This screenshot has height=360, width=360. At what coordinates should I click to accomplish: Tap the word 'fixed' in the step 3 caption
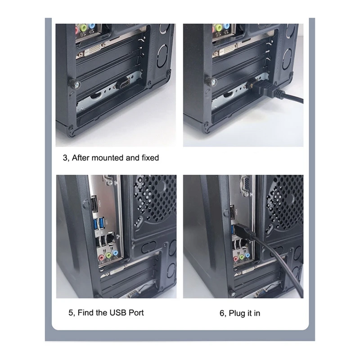[x=149, y=158]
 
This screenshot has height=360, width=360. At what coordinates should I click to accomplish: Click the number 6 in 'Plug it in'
[x=222, y=313]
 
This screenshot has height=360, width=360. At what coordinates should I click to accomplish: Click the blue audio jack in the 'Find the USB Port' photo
[x=115, y=255]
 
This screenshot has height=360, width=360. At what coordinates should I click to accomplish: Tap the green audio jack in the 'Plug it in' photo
[x=242, y=257]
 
